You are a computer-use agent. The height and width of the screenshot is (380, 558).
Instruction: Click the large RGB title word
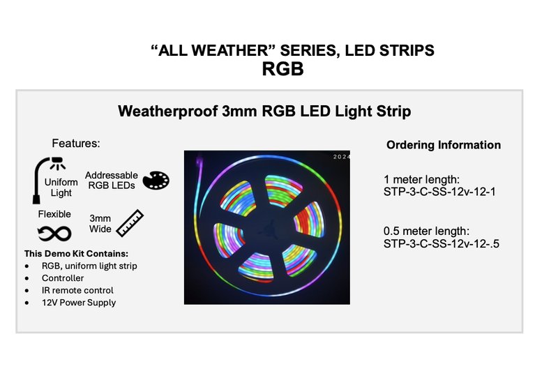tap(283, 69)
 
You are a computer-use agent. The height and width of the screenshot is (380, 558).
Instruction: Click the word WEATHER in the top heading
tap(229, 51)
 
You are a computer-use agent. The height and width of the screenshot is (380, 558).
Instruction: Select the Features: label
tap(76, 144)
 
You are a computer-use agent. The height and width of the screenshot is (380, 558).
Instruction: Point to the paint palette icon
tap(156, 181)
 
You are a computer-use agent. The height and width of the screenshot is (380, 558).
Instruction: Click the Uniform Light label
tap(66, 188)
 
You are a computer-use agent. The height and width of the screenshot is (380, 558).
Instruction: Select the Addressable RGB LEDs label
tap(112, 181)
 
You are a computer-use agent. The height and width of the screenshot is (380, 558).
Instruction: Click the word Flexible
tap(54, 214)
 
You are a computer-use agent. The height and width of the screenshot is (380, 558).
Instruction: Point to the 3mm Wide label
tap(100, 223)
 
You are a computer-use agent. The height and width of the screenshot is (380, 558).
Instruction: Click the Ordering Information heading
tap(444, 145)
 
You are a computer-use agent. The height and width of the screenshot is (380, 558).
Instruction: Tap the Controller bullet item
tap(63, 278)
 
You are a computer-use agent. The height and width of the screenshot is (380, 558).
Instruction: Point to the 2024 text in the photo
tap(342, 157)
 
